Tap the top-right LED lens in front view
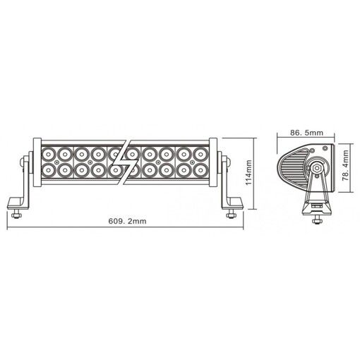pos(202,152)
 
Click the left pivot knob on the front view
pos(27,161)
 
